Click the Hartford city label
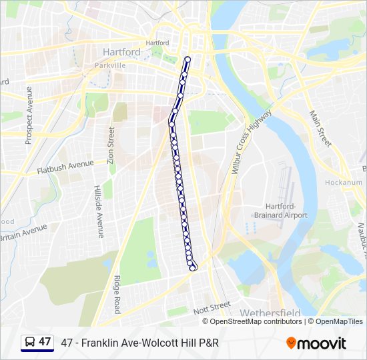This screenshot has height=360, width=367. pyautogui.click(x=121, y=52)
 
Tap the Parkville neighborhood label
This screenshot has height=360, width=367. pyautogui.click(x=109, y=66)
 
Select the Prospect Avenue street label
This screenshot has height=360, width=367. pyautogui.click(x=29, y=115)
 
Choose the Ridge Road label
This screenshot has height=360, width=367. pyautogui.click(x=117, y=295)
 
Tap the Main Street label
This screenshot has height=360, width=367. pyautogui.click(x=320, y=129)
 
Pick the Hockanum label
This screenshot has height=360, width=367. pyautogui.click(x=344, y=183)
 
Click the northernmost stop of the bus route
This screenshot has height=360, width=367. pyautogui.click(x=188, y=60)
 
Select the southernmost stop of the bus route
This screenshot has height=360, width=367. pyautogui.click(x=194, y=268)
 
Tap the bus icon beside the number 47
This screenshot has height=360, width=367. pyautogui.click(x=29, y=343)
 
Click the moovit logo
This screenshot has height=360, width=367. pyautogui.click(x=316, y=343)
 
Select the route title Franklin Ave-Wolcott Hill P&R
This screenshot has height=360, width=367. pyautogui.click(x=139, y=343)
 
